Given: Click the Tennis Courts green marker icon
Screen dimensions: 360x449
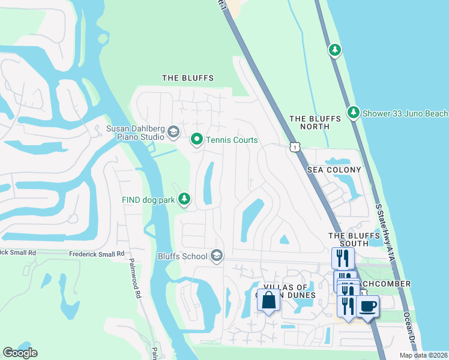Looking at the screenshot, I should tap(196, 140).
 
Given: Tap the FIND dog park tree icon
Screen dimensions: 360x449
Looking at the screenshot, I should tap(185, 198).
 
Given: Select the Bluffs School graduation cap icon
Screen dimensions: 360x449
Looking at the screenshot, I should tap(217, 256).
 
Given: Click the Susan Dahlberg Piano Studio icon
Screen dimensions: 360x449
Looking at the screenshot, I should tap(173, 132).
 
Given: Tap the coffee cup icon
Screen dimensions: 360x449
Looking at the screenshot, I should tap(367, 306).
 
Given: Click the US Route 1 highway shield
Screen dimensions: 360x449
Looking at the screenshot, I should tap(294, 147).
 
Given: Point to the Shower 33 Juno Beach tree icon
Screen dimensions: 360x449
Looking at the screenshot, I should tap(354, 113).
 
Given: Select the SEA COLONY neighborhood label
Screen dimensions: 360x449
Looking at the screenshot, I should tap(334, 170).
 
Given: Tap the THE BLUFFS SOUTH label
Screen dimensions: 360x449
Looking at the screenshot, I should tap(348, 239).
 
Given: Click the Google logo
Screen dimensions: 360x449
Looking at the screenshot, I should tap(20, 352).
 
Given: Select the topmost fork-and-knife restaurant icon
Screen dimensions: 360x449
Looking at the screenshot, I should tap(343, 258).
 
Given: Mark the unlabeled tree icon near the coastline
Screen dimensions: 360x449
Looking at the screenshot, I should tap(335, 50).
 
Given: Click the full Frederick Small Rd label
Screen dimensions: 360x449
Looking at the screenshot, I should tap(96, 254).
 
